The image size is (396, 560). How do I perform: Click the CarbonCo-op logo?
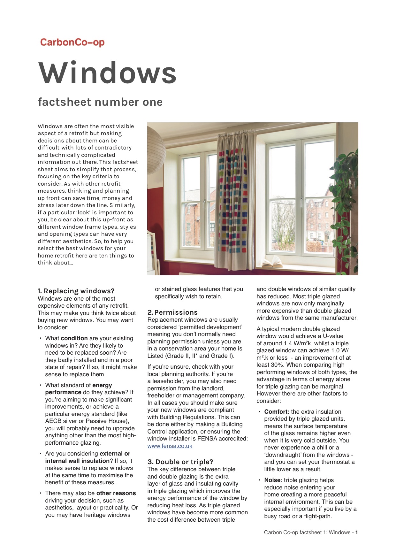click(72, 42)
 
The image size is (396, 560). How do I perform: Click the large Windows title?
click(108, 73)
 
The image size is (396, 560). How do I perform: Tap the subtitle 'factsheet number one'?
click(100, 102)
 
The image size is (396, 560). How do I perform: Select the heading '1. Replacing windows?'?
click(76, 291)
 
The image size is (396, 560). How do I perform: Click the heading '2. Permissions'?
click(172, 312)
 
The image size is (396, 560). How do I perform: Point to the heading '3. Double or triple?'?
click(180, 462)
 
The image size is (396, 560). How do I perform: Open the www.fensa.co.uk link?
click(170, 446)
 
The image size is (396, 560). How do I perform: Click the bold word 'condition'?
click(74, 338)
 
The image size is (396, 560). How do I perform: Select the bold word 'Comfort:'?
click(277, 412)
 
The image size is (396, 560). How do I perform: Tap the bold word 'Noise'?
click(272, 480)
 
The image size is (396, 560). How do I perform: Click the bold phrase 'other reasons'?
click(116, 493)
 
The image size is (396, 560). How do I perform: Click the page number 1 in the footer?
click(356, 532)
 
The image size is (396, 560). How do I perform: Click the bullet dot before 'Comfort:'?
click(260, 412)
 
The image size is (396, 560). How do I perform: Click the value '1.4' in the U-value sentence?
click(288, 343)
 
